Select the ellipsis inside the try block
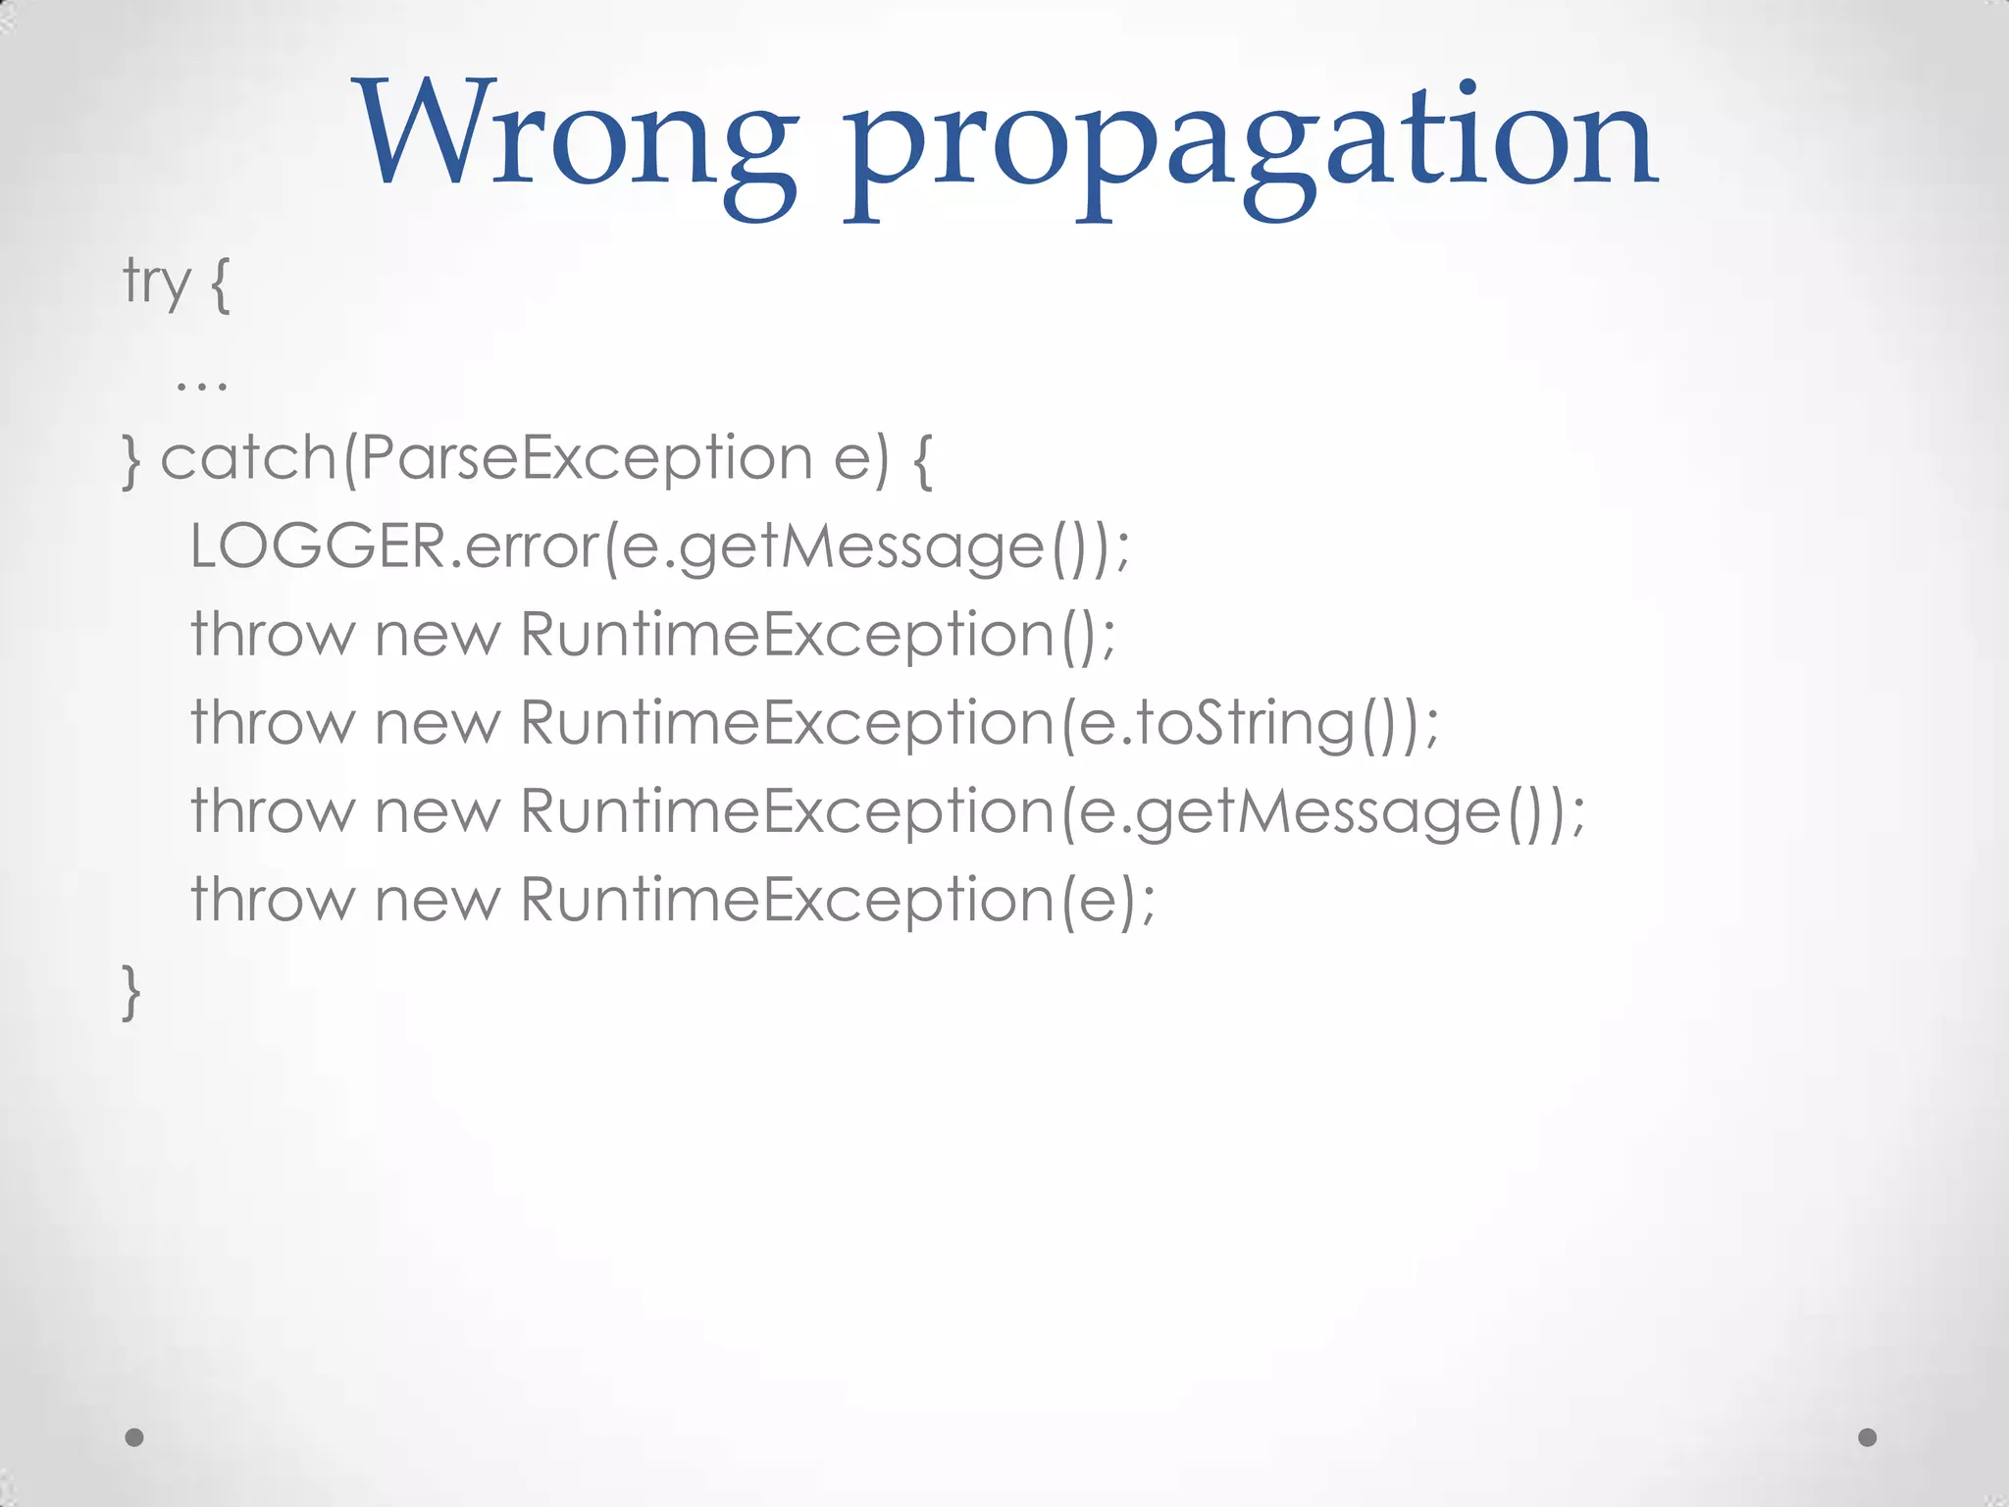pyautogui.click(x=201, y=383)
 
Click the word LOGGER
pyautogui.click(x=319, y=546)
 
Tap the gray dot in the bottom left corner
pyautogui.click(x=134, y=1437)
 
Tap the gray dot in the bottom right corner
pyautogui.click(x=1868, y=1437)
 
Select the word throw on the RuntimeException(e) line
pyautogui.click(x=272, y=899)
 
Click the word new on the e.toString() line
pyautogui.click(x=438, y=724)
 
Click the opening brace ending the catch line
pyautogui.click(x=922, y=460)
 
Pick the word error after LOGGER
pyautogui.click(x=531, y=546)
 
